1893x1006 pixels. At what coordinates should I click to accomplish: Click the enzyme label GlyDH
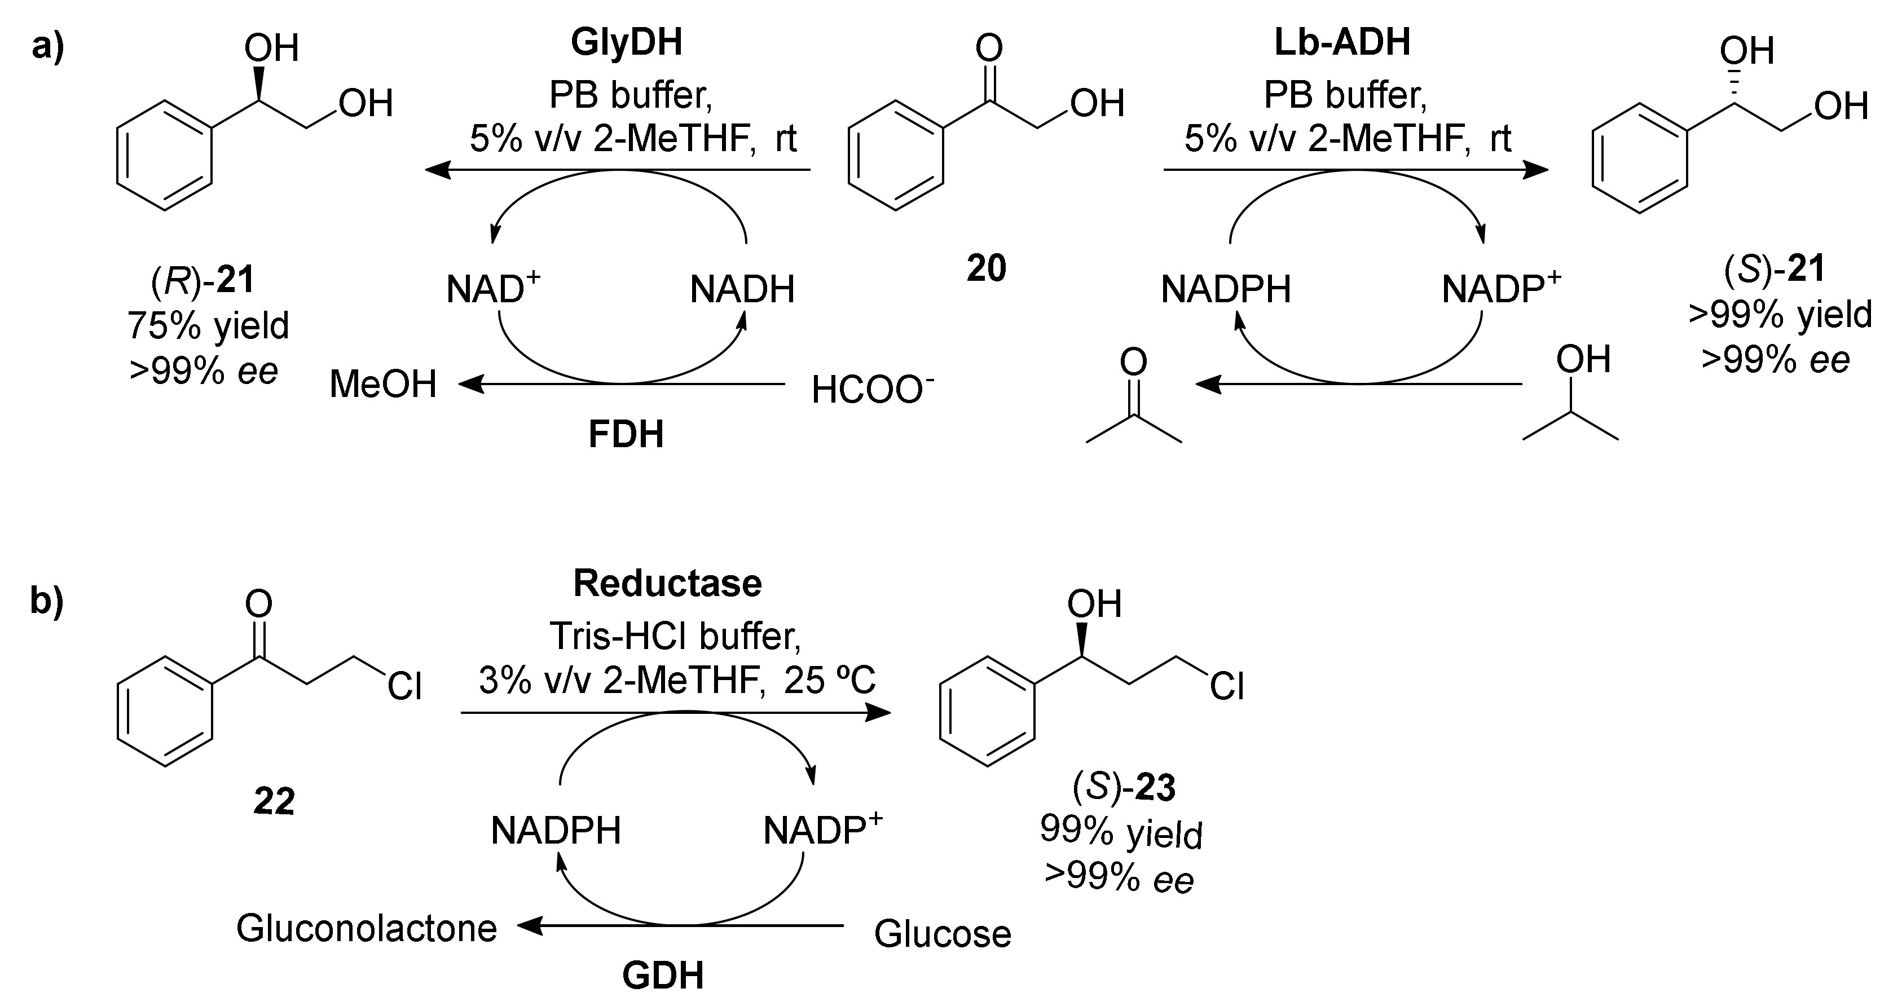tap(626, 43)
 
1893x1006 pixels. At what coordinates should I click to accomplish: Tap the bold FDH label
tap(626, 434)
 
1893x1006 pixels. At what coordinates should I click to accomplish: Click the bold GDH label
tap(663, 976)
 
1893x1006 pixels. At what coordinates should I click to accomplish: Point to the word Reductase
tap(667, 584)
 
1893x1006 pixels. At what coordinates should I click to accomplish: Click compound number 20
tap(985, 269)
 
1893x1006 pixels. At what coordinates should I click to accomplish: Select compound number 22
tap(274, 801)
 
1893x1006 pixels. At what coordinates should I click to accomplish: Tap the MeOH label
tap(383, 385)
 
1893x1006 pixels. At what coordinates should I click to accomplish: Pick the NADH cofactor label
tap(742, 289)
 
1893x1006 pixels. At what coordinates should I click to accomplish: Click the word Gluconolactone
tap(367, 928)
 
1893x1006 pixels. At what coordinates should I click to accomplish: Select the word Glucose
tap(943, 933)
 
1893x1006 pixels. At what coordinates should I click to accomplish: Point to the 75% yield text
tap(208, 325)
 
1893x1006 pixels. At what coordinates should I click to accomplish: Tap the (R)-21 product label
tap(202, 281)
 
